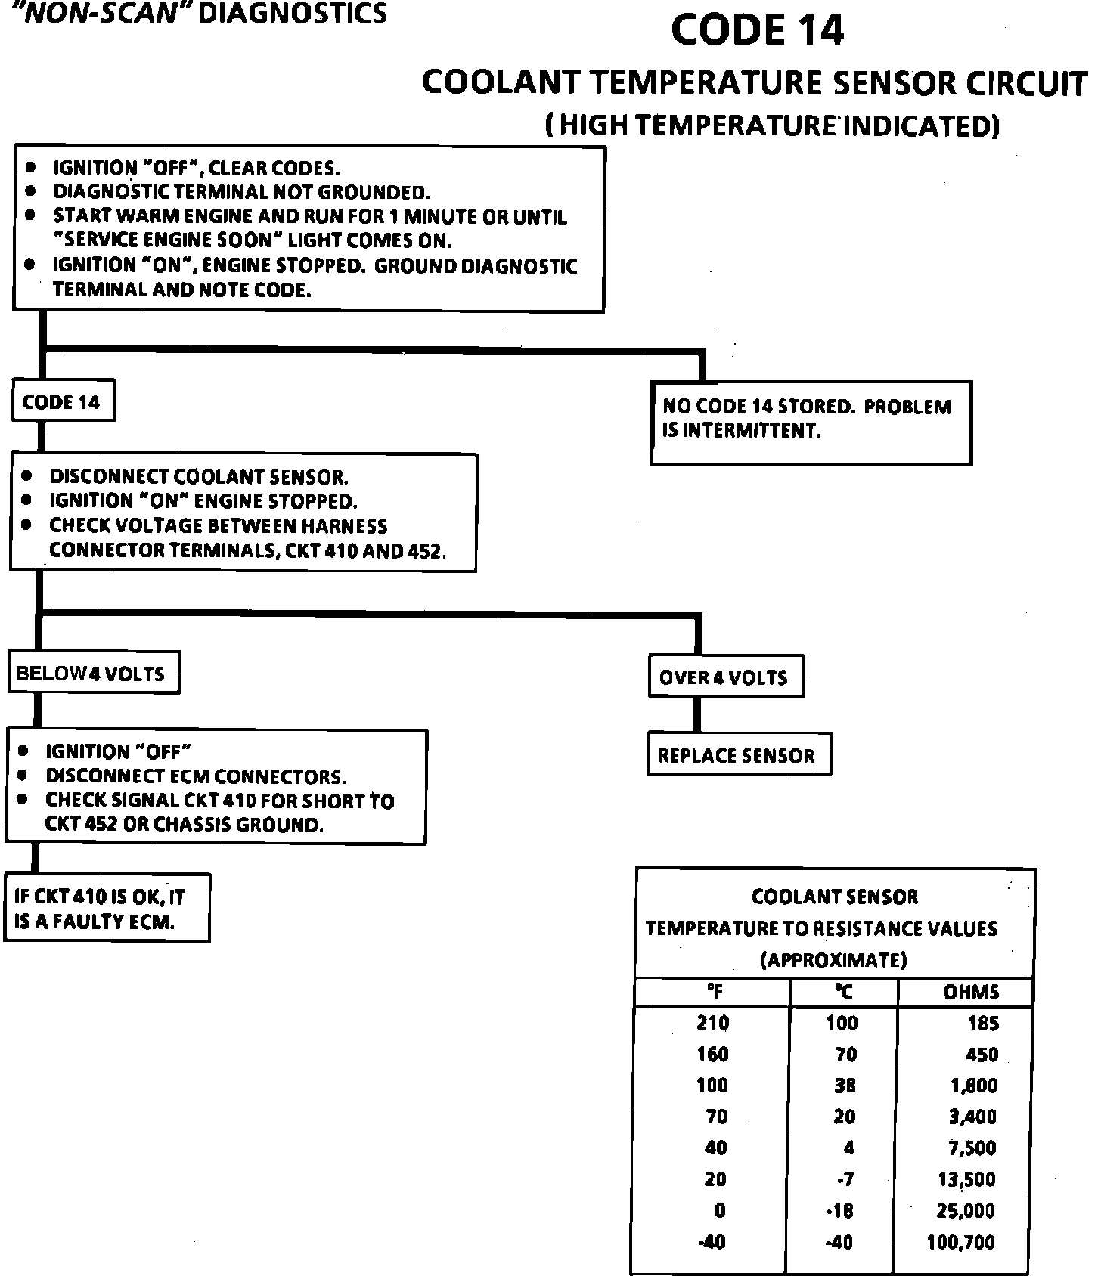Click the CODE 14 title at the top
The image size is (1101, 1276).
[757, 31]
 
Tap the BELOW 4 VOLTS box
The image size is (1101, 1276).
[92, 673]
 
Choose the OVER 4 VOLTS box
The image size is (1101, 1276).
[724, 677]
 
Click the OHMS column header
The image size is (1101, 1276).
[971, 992]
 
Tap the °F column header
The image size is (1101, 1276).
[715, 992]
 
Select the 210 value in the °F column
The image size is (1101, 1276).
[712, 1024]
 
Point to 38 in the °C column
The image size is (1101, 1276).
[845, 1086]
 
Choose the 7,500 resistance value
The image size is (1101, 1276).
[972, 1148]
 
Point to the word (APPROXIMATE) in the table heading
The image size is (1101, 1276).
[833, 960]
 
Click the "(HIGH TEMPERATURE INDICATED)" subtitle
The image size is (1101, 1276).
[772, 125]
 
